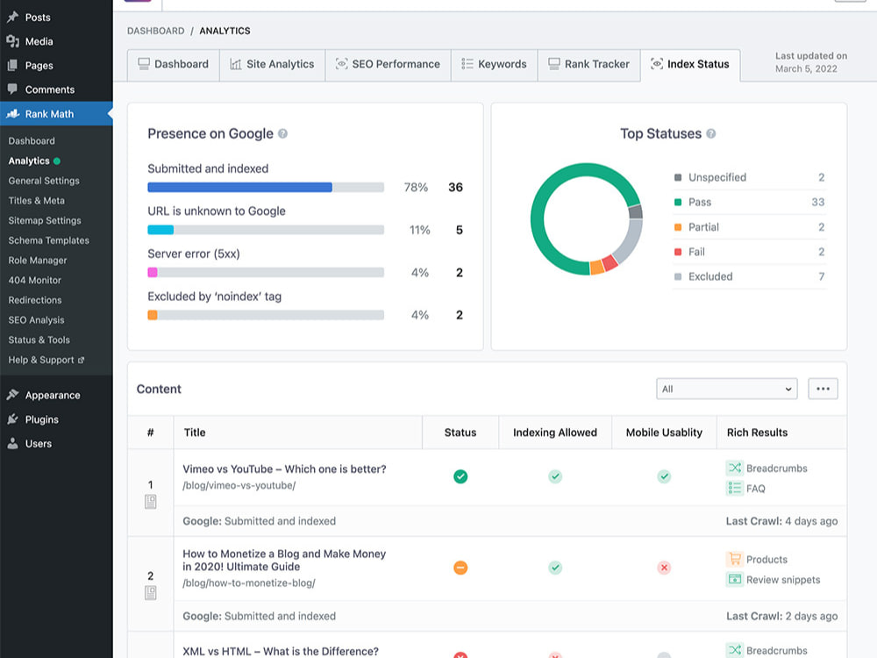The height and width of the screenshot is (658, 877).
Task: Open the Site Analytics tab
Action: (273, 64)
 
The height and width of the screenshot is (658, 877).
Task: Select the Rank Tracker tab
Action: (589, 64)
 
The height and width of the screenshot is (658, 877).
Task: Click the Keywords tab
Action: (495, 64)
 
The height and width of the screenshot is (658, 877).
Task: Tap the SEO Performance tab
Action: (389, 64)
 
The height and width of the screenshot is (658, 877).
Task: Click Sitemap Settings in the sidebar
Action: (45, 220)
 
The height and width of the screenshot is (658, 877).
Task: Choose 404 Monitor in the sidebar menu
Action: (35, 281)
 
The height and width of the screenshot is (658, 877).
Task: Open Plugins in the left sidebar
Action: (41, 419)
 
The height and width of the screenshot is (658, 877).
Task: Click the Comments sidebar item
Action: (49, 89)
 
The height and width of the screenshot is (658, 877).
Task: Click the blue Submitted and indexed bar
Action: (240, 188)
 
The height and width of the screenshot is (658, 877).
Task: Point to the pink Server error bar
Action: (152, 273)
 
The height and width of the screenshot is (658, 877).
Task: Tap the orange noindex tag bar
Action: (152, 315)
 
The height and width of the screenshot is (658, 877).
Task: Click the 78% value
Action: (416, 188)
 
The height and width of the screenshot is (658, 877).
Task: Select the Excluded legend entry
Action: (710, 276)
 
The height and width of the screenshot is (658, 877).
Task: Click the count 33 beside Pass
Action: (817, 202)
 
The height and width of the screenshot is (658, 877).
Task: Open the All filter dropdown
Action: (726, 389)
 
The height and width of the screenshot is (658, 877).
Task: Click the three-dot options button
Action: (823, 389)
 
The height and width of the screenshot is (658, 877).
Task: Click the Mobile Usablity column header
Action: (664, 433)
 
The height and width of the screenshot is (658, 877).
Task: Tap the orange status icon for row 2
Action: (460, 568)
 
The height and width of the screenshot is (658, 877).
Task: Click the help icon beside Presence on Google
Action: (283, 133)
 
